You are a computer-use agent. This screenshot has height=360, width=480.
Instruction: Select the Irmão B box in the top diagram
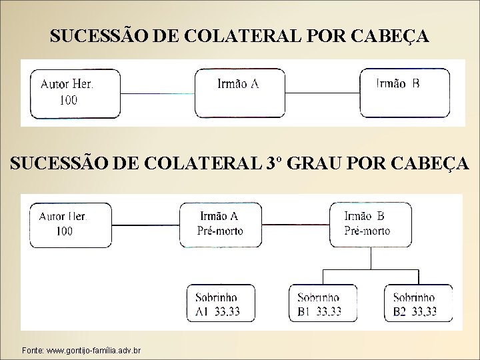[x=405, y=92]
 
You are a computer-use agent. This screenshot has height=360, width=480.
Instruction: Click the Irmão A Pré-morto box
[x=221, y=224]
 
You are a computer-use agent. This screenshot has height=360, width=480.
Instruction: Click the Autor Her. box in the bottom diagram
[x=71, y=224]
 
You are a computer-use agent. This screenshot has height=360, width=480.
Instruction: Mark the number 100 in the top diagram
[x=68, y=101]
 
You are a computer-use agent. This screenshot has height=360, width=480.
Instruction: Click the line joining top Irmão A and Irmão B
[x=322, y=93]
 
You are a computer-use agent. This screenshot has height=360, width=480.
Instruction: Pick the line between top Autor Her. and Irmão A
[x=159, y=93]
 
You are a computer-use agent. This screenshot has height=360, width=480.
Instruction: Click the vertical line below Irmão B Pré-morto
[x=371, y=258]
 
